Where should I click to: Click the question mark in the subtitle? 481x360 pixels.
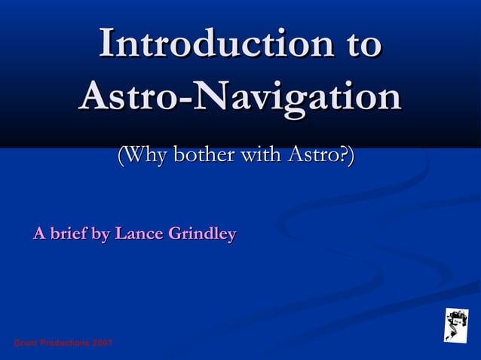coord(343,156)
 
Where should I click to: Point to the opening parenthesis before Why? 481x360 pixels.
coord(121,157)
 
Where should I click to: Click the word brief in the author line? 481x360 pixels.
coord(68,234)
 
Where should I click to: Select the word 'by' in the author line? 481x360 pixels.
coord(100,235)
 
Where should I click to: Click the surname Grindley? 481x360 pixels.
coord(201,235)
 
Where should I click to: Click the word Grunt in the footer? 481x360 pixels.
coord(26,343)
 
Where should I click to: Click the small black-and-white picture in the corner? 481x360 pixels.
coord(455,325)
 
